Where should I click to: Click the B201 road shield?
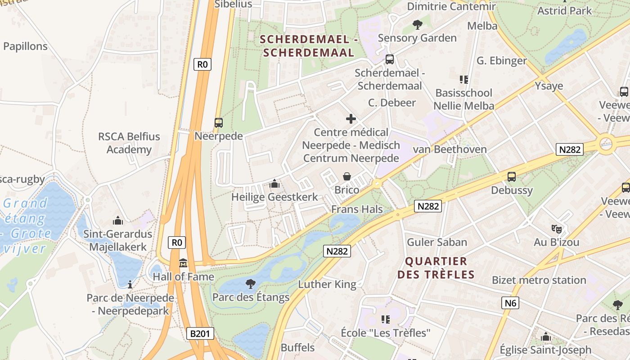tap(200, 333)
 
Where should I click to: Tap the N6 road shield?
tap(510, 303)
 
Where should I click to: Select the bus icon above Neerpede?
tap(218, 122)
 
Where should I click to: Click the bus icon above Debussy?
tap(512, 177)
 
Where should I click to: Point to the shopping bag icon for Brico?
tap(346, 176)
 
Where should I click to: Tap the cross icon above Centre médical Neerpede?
tap(351, 119)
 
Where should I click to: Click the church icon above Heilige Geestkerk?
tap(274, 184)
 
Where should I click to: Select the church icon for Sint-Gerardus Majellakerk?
tap(118, 220)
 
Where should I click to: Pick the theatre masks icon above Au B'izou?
tap(557, 229)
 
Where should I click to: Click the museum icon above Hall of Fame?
tap(183, 263)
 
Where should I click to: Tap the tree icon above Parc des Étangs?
tap(251, 283)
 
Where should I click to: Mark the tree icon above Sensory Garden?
tap(417, 24)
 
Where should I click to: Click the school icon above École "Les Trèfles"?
tap(386, 319)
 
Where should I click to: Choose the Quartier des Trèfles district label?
tap(436, 268)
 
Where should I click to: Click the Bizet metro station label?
tap(539, 280)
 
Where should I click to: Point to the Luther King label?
tap(327, 284)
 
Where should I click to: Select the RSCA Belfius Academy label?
tap(129, 143)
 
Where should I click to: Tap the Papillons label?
tap(25, 46)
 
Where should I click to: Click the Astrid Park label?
tap(565, 10)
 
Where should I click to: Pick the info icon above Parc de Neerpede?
tap(130, 284)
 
